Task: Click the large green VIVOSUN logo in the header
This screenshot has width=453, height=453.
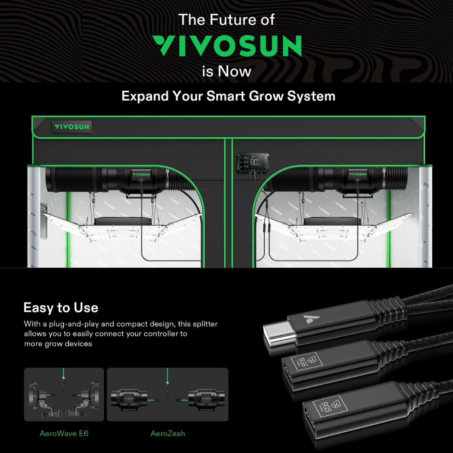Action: (x=226, y=46)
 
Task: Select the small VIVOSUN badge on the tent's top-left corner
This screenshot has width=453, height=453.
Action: (x=72, y=127)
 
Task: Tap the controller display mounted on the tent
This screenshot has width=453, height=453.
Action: (x=253, y=163)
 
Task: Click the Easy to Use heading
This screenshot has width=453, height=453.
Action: (x=61, y=308)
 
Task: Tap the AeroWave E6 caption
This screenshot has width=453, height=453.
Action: (x=64, y=434)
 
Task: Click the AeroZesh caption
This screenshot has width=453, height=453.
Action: (x=168, y=434)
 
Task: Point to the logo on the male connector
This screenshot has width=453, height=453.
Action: (x=308, y=319)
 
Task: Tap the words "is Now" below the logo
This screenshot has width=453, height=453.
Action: (x=226, y=71)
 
